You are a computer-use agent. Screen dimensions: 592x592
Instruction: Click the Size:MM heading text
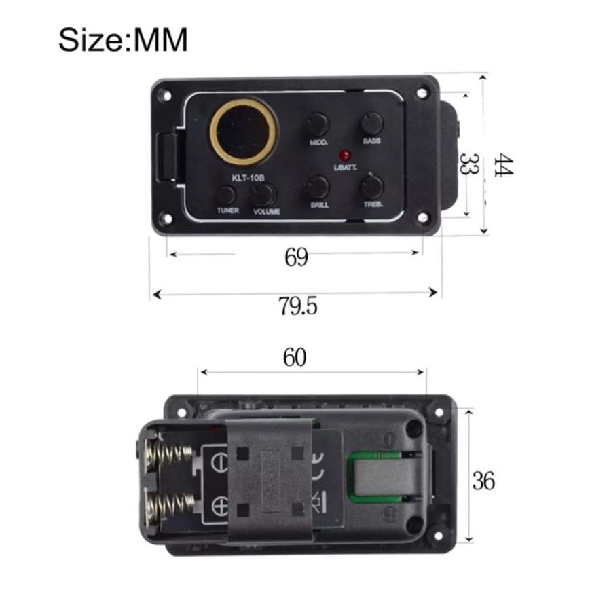123,40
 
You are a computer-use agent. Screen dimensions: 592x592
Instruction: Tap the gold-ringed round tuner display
244,130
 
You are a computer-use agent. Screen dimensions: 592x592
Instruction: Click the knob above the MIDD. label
316,124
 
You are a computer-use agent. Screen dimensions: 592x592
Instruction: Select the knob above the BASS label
371,123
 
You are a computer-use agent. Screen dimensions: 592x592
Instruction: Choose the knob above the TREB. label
371,185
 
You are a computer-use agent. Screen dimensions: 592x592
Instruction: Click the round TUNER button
227,196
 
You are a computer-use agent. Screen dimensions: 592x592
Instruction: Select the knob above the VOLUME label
263,195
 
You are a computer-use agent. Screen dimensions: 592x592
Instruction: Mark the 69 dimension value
296,258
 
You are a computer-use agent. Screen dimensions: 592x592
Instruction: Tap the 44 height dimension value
503,165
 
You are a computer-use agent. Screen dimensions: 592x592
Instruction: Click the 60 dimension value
295,358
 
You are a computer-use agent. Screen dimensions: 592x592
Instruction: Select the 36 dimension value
484,481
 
